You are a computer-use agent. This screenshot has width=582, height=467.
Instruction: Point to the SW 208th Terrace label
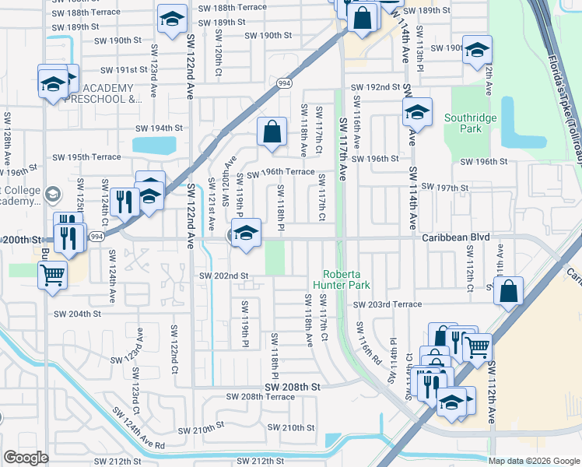point(261,396)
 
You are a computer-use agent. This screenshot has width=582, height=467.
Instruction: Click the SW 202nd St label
point(223,276)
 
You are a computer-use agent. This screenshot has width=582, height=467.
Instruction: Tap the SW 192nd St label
point(374,87)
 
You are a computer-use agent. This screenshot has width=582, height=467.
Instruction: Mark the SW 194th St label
point(159,128)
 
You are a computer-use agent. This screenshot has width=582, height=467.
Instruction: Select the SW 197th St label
point(444,188)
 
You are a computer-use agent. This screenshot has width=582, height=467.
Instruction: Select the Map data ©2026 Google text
point(533,461)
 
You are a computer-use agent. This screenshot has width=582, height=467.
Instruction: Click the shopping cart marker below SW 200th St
point(52,274)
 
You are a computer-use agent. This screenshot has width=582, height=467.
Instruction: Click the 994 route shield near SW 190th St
point(285,83)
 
